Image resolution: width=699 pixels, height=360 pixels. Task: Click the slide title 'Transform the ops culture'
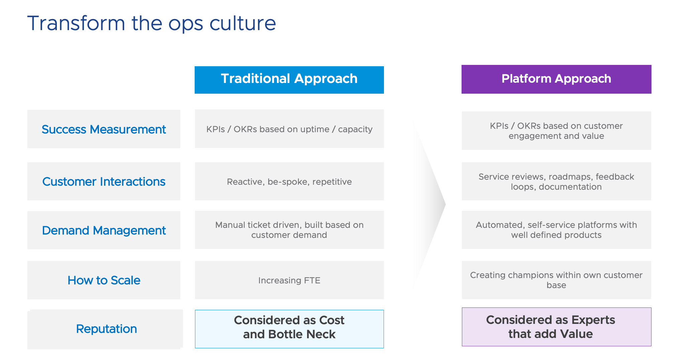point(152,23)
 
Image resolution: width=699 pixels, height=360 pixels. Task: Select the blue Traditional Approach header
point(289,80)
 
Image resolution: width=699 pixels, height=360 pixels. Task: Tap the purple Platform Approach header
point(556,79)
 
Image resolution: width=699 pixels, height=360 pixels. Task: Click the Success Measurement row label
point(104,129)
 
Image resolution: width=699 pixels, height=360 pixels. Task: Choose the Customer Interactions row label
point(104,181)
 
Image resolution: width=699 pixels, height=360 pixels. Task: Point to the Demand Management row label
point(104,230)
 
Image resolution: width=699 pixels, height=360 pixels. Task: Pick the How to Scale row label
point(104,280)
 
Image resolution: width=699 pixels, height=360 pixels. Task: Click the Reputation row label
point(106,329)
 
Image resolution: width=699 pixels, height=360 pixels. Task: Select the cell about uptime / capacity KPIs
point(289,129)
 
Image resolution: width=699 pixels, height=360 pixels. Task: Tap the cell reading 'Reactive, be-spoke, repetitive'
point(289,181)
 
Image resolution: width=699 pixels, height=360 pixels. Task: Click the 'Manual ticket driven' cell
point(289,230)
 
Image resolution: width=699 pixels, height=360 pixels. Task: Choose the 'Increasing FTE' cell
point(289,280)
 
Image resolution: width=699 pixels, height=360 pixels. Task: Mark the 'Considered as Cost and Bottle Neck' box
point(289,329)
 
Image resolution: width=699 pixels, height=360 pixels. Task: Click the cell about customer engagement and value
point(556,131)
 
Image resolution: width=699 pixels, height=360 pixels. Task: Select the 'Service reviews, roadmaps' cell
point(556,181)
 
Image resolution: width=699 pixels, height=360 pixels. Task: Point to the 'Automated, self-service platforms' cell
point(556,230)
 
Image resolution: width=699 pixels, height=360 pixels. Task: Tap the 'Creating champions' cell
point(556,280)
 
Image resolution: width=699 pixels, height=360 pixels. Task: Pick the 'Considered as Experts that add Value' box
point(556,327)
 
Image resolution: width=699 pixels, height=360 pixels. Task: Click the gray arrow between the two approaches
point(431,204)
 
